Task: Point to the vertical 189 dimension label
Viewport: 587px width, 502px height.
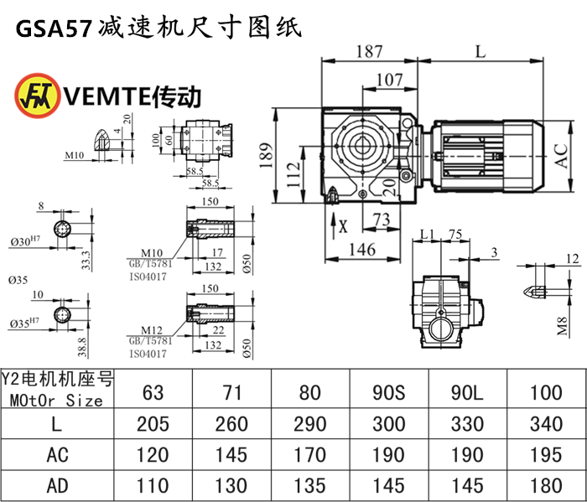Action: pos(265,154)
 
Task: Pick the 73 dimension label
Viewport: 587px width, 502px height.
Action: pos(381,220)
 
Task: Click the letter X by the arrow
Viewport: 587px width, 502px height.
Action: pos(342,225)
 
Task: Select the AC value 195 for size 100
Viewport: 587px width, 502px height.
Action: pos(547,454)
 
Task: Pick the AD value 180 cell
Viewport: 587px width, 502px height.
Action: pos(547,484)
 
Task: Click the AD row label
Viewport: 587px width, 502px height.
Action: pos(55,484)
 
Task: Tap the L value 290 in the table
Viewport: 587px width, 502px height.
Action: pos(310,424)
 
